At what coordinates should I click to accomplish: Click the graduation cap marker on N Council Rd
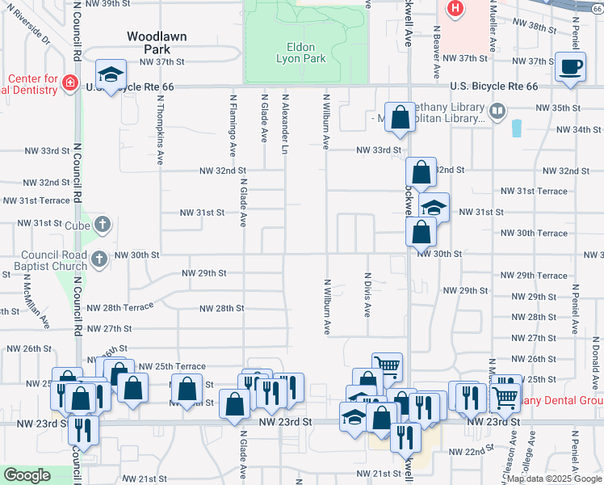click(x=111, y=76)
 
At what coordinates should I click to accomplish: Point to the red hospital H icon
click(x=455, y=9)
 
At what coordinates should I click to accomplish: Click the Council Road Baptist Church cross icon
click(x=99, y=259)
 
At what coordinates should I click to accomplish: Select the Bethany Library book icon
click(x=497, y=111)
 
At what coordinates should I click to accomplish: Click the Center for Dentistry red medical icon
click(x=69, y=83)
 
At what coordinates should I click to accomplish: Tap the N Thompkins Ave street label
click(x=161, y=129)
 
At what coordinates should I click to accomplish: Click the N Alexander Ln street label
click(x=285, y=124)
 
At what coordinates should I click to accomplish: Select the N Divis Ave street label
click(x=367, y=294)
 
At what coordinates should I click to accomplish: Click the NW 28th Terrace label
click(x=120, y=308)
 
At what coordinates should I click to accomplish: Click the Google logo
click(x=27, y=475)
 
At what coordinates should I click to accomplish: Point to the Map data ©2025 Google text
click(x=554, y=479)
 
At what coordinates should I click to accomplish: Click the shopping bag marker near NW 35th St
click(x=399, y=118)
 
